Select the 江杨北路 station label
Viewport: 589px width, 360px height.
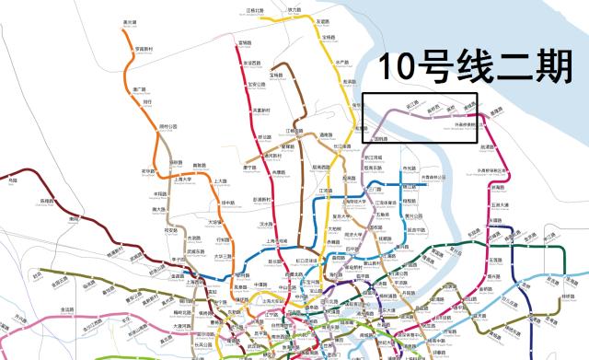tap(255, 10)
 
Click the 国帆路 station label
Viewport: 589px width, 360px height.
tap(381, 138)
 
